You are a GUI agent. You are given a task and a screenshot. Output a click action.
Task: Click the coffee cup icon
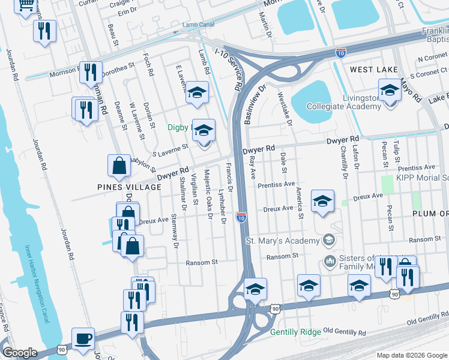(x=82, y=338)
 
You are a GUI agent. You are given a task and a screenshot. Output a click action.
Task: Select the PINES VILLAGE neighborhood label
(x=130, y=187)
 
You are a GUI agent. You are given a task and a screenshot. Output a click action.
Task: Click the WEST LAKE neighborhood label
(x=374, y=70)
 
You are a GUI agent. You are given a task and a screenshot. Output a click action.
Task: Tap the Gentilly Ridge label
(x=296, y=332)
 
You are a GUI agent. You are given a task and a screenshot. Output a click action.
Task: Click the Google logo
(x=20, y=353)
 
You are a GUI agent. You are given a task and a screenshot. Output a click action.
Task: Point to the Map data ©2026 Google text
(x=411, y=355)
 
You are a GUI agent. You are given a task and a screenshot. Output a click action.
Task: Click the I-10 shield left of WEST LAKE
(x=340, y=53)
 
